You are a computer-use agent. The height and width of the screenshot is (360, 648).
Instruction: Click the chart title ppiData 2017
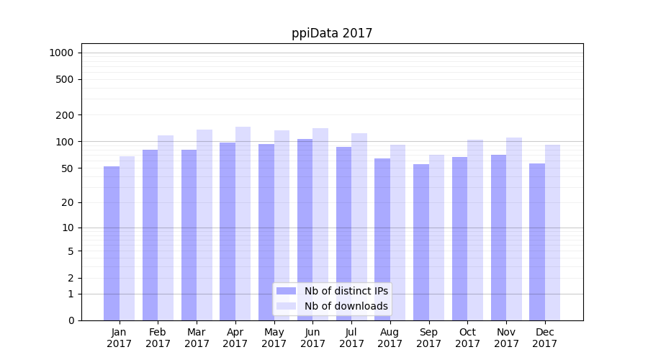point(332,33)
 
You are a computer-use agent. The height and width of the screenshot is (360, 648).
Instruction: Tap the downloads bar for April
point(243,223)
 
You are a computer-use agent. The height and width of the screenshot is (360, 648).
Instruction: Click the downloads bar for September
point(436,238)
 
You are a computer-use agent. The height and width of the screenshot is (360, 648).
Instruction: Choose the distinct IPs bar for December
point(537,242)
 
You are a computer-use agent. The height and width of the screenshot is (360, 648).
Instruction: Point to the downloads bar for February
point(166,228)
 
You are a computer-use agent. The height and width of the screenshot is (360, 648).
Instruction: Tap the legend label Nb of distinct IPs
point(346,291)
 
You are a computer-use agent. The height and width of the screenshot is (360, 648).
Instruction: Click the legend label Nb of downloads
point(346,306)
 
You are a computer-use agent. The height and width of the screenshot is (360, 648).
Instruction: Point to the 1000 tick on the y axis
point(61,53)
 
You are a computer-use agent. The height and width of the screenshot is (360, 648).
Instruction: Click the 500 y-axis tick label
point(65,79)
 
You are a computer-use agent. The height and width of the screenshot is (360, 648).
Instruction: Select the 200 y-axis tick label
point(65,115)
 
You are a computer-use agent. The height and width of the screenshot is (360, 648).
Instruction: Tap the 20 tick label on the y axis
point(68,202)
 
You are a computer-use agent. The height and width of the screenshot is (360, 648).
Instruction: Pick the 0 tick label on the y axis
point(71,320)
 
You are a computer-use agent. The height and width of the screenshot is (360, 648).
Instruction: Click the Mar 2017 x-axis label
point(197,338)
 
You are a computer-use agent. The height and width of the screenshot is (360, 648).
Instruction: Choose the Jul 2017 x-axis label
point(351,338)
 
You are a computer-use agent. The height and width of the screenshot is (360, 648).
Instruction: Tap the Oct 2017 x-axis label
point(467,338)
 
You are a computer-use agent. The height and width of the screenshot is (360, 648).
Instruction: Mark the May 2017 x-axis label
point(274,338)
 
